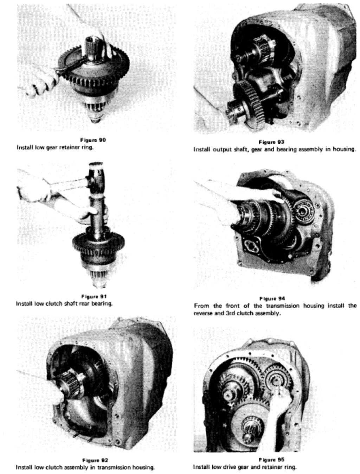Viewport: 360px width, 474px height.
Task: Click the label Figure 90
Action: tap(93, 140)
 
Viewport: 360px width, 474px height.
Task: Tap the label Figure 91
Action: tap(94, 297)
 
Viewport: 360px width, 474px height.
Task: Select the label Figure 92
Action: tap(95, 460)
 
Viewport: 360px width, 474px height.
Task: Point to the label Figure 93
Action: tap(271, 142)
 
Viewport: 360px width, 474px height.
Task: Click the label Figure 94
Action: tap(272, 299)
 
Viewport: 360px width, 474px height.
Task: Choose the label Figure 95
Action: tap(271, 459)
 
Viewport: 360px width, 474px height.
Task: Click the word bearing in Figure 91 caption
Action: tap(102, 304)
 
